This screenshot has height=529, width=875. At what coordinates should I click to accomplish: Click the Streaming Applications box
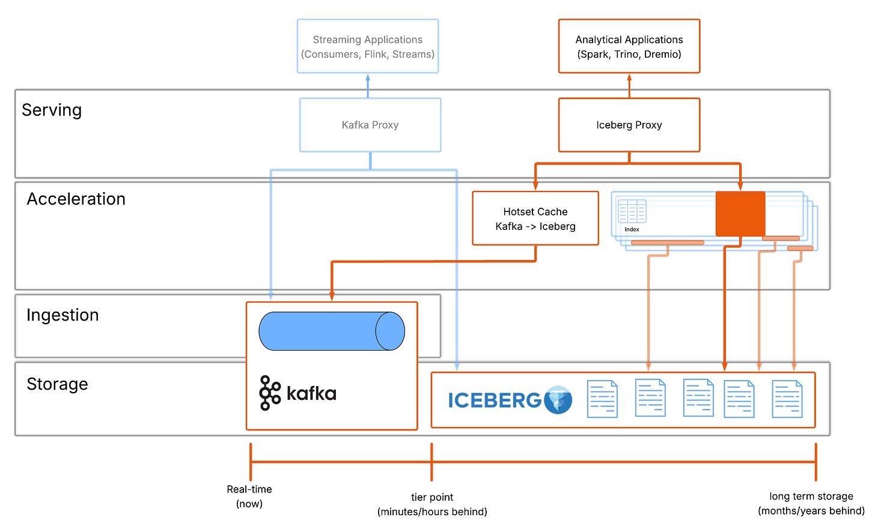368,47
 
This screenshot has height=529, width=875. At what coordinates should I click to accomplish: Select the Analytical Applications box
629,47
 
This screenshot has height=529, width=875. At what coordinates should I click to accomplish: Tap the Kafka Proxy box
370,125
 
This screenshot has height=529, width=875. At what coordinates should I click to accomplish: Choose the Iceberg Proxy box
629,125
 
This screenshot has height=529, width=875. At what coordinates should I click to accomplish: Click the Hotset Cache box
535,219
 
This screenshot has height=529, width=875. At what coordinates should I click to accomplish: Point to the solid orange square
740,214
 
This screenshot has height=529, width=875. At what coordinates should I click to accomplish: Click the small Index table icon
632,212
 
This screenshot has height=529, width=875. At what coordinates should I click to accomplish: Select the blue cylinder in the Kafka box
332,331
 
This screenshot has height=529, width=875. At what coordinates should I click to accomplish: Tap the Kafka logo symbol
270,393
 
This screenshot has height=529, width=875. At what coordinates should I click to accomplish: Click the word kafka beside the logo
311,394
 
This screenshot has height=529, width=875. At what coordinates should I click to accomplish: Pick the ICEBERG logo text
495,401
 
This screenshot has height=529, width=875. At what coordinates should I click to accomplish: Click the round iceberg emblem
558,400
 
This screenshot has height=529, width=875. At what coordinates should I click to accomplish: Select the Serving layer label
52,110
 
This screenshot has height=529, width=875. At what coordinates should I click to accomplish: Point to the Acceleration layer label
76,199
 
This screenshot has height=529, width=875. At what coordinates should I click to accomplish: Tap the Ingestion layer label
62,315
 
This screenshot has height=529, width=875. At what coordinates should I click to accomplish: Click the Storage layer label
58,384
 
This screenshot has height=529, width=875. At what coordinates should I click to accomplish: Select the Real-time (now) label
249,497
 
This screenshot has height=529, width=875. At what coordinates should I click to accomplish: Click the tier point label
432,504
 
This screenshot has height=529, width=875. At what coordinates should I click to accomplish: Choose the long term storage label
811,503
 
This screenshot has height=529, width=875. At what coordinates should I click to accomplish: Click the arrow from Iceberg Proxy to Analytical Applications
629,86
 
